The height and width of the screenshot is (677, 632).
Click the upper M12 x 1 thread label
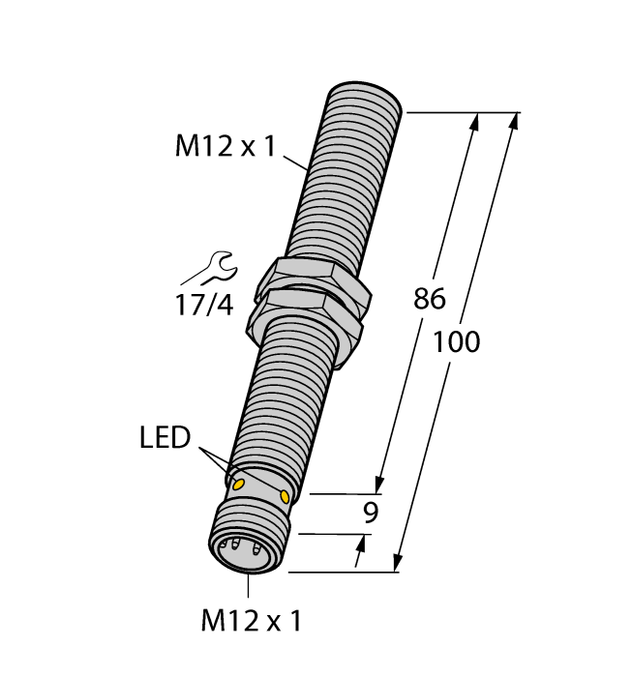pos(225,146)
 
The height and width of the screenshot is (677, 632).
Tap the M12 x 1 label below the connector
pos(250,620)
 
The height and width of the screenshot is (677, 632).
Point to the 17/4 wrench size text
pos(203,305)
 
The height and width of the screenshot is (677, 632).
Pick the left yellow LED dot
pos(236,481)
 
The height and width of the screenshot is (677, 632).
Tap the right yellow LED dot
pos(285,495)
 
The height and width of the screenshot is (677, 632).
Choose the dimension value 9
pos(369,514)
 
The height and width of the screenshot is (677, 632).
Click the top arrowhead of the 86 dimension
pos(475,123)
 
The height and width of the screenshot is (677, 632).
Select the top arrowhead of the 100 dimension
pos(512,123)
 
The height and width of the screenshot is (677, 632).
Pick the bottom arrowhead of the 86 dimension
pos(381,484)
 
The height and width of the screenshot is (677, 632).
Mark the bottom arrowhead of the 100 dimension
pos(396,562)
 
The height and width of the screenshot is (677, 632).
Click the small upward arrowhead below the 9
pos(361,547)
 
